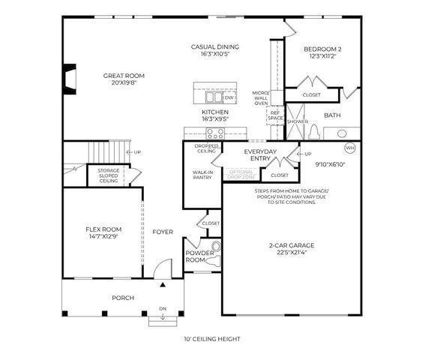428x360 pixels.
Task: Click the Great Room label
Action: pyautogui.click(x=124, y=76)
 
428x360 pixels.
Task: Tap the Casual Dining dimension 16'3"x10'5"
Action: pyautogui.click(x=214, y=55)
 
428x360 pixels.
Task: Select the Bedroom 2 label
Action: pyautogui.click(x=323, y=49)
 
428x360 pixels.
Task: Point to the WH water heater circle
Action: pyautogui.click(x=350, y=148)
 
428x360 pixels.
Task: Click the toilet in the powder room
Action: pyautogui.click(x=216, y=247)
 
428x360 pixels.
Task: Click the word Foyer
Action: pyautogui.click(x=163, y=232)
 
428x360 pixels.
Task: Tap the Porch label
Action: pyautogui.click(x=123, y=298)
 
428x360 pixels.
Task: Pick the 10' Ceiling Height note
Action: pyautogui.click(x=213, y=339)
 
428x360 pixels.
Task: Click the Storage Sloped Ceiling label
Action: pyautogui.click(x=108, y=176)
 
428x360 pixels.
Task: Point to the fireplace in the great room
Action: pyautogui.click(x=68, y=78)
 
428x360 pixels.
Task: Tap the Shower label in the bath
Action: pyautogui.click(x=297, y=121)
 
